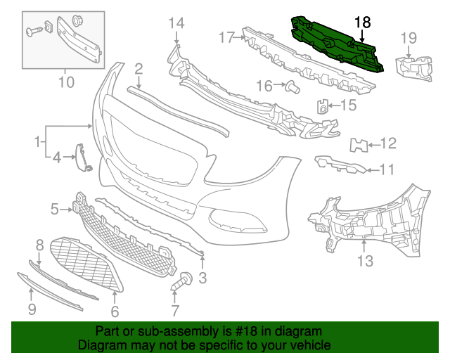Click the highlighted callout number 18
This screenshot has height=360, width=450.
point(362,23)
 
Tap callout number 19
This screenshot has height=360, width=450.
point(409,38)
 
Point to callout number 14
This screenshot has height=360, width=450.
point(176,24)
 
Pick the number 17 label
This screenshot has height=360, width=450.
point(226,37)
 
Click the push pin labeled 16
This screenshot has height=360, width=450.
point(292,87)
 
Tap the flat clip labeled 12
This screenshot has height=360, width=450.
point(359,146)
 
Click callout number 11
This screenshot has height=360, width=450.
point(387,169)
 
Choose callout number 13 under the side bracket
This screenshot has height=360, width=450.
point(364,262)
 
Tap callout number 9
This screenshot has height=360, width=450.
point(32,309)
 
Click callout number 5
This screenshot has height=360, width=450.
point(55,209)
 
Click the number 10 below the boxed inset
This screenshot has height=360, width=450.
point(65,83)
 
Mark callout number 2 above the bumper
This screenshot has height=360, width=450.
point(139,68)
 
